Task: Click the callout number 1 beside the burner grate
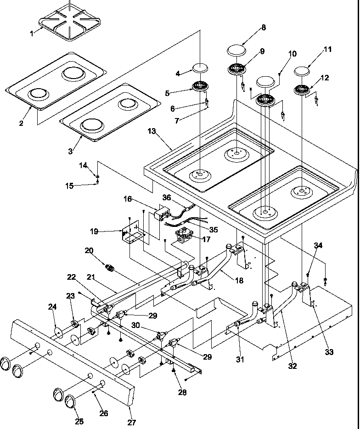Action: (32, 33)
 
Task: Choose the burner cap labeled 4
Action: (201, 68)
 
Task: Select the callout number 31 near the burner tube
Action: (240, 360)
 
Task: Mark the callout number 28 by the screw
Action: (183, 392)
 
